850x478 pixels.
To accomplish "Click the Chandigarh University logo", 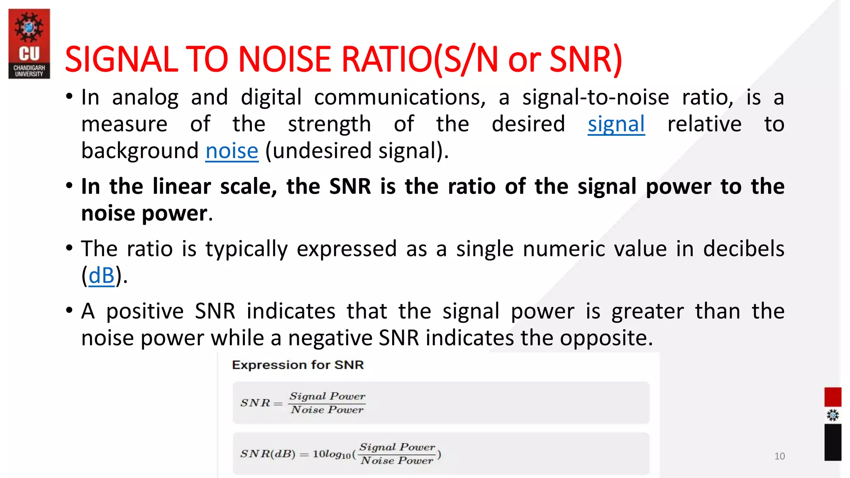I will pyautogui.click(x=29, y=44).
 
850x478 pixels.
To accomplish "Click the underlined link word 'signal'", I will pyautogui.click(x=616, y=124).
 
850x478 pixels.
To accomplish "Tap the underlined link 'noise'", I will pyautogui.click(x=232, y=151).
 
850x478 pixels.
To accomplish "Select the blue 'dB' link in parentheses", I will pyautogui.click(x=101, y=276).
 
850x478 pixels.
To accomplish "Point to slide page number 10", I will pyautogui.click(x=779, y=456).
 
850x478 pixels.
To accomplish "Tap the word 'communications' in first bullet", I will pyautogui.click(x=400, y=98).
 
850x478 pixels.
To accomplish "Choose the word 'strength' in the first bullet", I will pyautogui.click(x=329, y=124).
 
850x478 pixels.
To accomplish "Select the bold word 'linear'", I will pyautogui.click(x=181, y=186).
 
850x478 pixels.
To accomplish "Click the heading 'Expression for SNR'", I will pyautogui.click(x=298, y=365).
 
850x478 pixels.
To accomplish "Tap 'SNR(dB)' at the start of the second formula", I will pyautogui.click(x=268, y=454).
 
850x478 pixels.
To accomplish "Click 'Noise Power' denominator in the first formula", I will pyautogui.click(x=327, y=410).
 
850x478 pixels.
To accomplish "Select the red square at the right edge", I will pyautogui.click(x=833, y=397).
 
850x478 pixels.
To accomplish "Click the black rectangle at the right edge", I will pyautogui.click(x=833, y=442).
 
